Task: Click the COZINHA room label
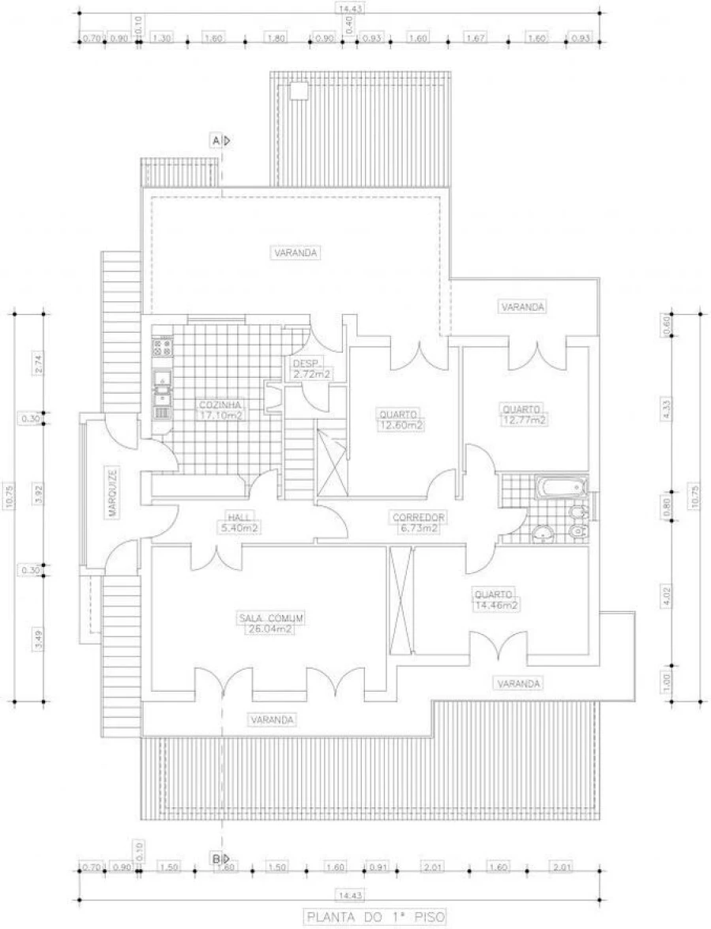pos(220,409)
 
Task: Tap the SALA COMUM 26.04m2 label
pos(272,623)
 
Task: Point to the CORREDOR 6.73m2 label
pos(419,523)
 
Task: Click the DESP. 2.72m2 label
pos(310,368)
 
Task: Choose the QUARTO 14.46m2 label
pos(495,600)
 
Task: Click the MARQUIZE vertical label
pos(113,493)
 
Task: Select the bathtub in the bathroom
pos(561,488)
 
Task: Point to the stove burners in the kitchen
pos(162,345)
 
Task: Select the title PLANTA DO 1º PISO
pos(375,917)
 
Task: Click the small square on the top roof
pos(299,92)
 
